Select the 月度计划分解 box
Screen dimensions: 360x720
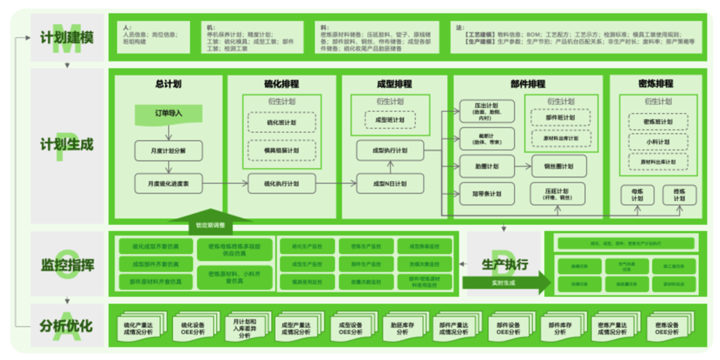(x=168, y=151)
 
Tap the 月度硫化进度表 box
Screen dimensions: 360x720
(x=168, y=183)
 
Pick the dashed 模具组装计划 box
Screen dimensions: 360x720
(x=281, y=150)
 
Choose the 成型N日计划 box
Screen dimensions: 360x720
(x=390, y=183)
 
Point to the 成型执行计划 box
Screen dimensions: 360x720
(x=390, y=150)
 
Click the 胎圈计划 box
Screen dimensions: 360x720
(x=486, y=166)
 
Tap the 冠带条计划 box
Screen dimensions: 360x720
(x=486, y=194)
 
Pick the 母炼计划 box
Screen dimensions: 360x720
(x=637, y=195)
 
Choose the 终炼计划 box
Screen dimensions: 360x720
(x=679, y=195)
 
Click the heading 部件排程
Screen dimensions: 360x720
(x=527, y=84)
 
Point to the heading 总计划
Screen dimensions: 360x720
(x=168, y=84)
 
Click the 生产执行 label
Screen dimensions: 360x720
(x=504, y=264)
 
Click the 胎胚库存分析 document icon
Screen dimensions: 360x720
(x=398, y=326)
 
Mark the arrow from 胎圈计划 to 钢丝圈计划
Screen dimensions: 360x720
(x=523, y=166)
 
